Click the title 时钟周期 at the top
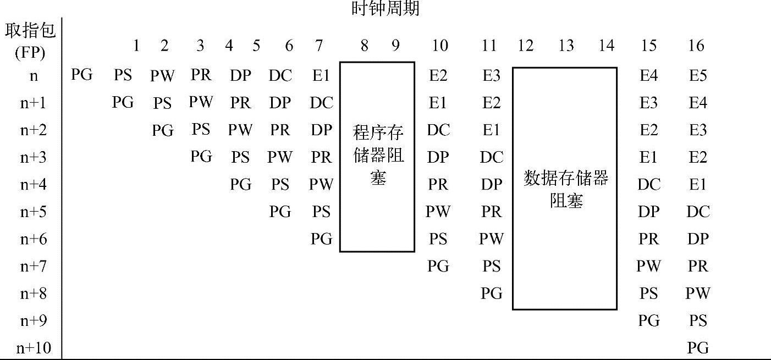[385, 9]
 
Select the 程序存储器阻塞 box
[377, 156]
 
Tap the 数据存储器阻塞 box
[565, 189]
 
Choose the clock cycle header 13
[566, 46]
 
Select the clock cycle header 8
[364, 46]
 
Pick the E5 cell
[698, 75]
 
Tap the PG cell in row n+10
[698, 348]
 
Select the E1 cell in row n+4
[698, 185]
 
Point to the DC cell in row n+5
[698, 212]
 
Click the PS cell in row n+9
[698, 320]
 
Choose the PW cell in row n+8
[698, 293]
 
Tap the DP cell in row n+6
[698, 239]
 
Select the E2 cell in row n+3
[698, 157]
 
